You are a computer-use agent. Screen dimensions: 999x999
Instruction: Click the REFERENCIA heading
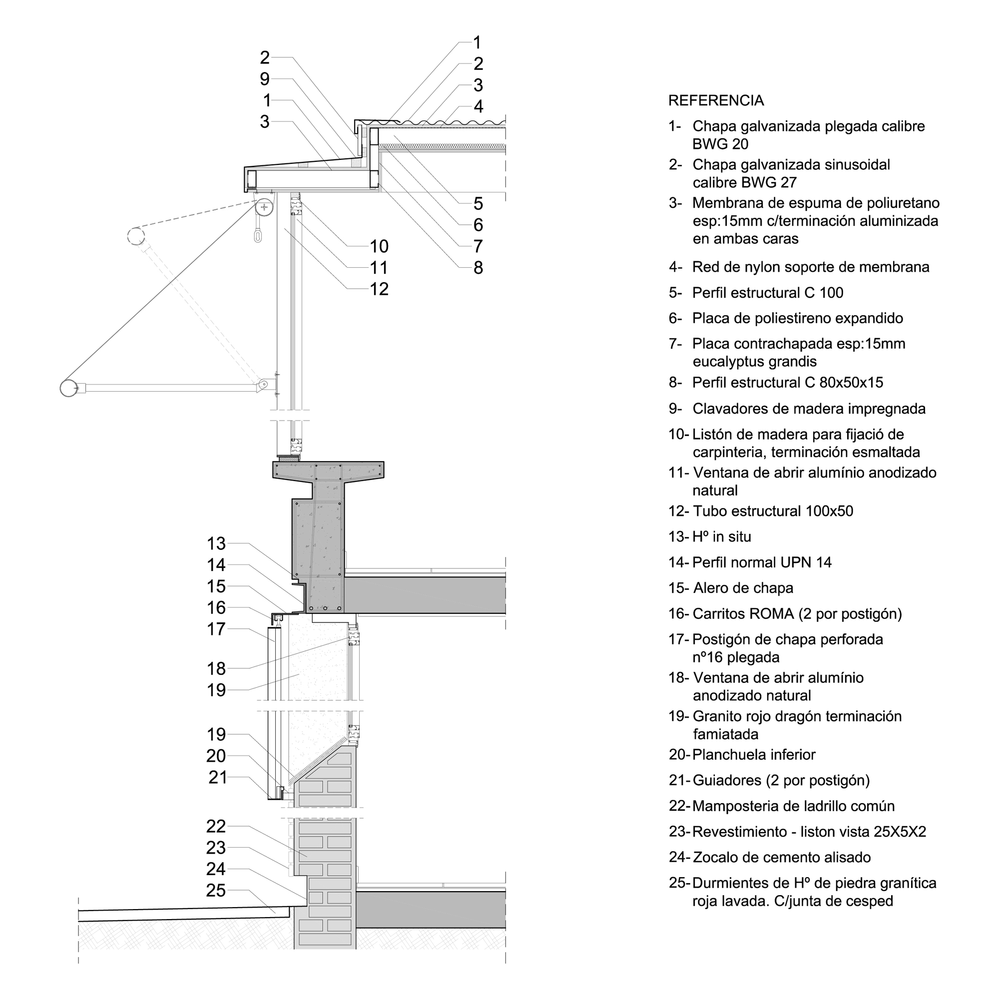click(x=716, y=100)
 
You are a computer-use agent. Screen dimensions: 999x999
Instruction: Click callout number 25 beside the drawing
click(x=216, y=890)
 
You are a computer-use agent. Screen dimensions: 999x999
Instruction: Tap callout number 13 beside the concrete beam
click(x=216, y=543)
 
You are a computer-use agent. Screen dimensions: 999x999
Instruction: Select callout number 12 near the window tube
click(x=379, y=289)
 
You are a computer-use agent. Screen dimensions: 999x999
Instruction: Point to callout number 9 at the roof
click(x=265, y=78)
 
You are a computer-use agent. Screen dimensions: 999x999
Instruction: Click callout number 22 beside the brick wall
click(x=216, y=826)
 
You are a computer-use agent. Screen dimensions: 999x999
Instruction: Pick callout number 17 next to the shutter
click(x=216, y=629)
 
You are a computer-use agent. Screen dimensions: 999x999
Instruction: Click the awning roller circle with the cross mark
click(x=265, y=208)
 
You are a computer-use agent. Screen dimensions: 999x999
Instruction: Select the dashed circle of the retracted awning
click(x=136, y=236)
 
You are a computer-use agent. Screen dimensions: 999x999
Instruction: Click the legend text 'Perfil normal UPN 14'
click(x=762, y=562)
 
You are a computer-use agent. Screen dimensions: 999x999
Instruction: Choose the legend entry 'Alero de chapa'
click(x=743, y=588)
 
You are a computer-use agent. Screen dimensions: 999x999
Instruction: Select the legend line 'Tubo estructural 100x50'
click(x=773, y=511)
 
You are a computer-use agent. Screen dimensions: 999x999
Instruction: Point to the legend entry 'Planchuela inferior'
click(x=753, y=754)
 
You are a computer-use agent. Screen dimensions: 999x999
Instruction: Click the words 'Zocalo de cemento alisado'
click(x=781, y=857)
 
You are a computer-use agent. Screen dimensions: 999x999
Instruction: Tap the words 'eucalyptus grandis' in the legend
click(x=754, y=362)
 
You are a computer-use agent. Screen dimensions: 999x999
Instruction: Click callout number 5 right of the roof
click(x=479, y=203)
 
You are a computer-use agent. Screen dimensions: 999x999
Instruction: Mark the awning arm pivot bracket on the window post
click(x=264, y=384)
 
